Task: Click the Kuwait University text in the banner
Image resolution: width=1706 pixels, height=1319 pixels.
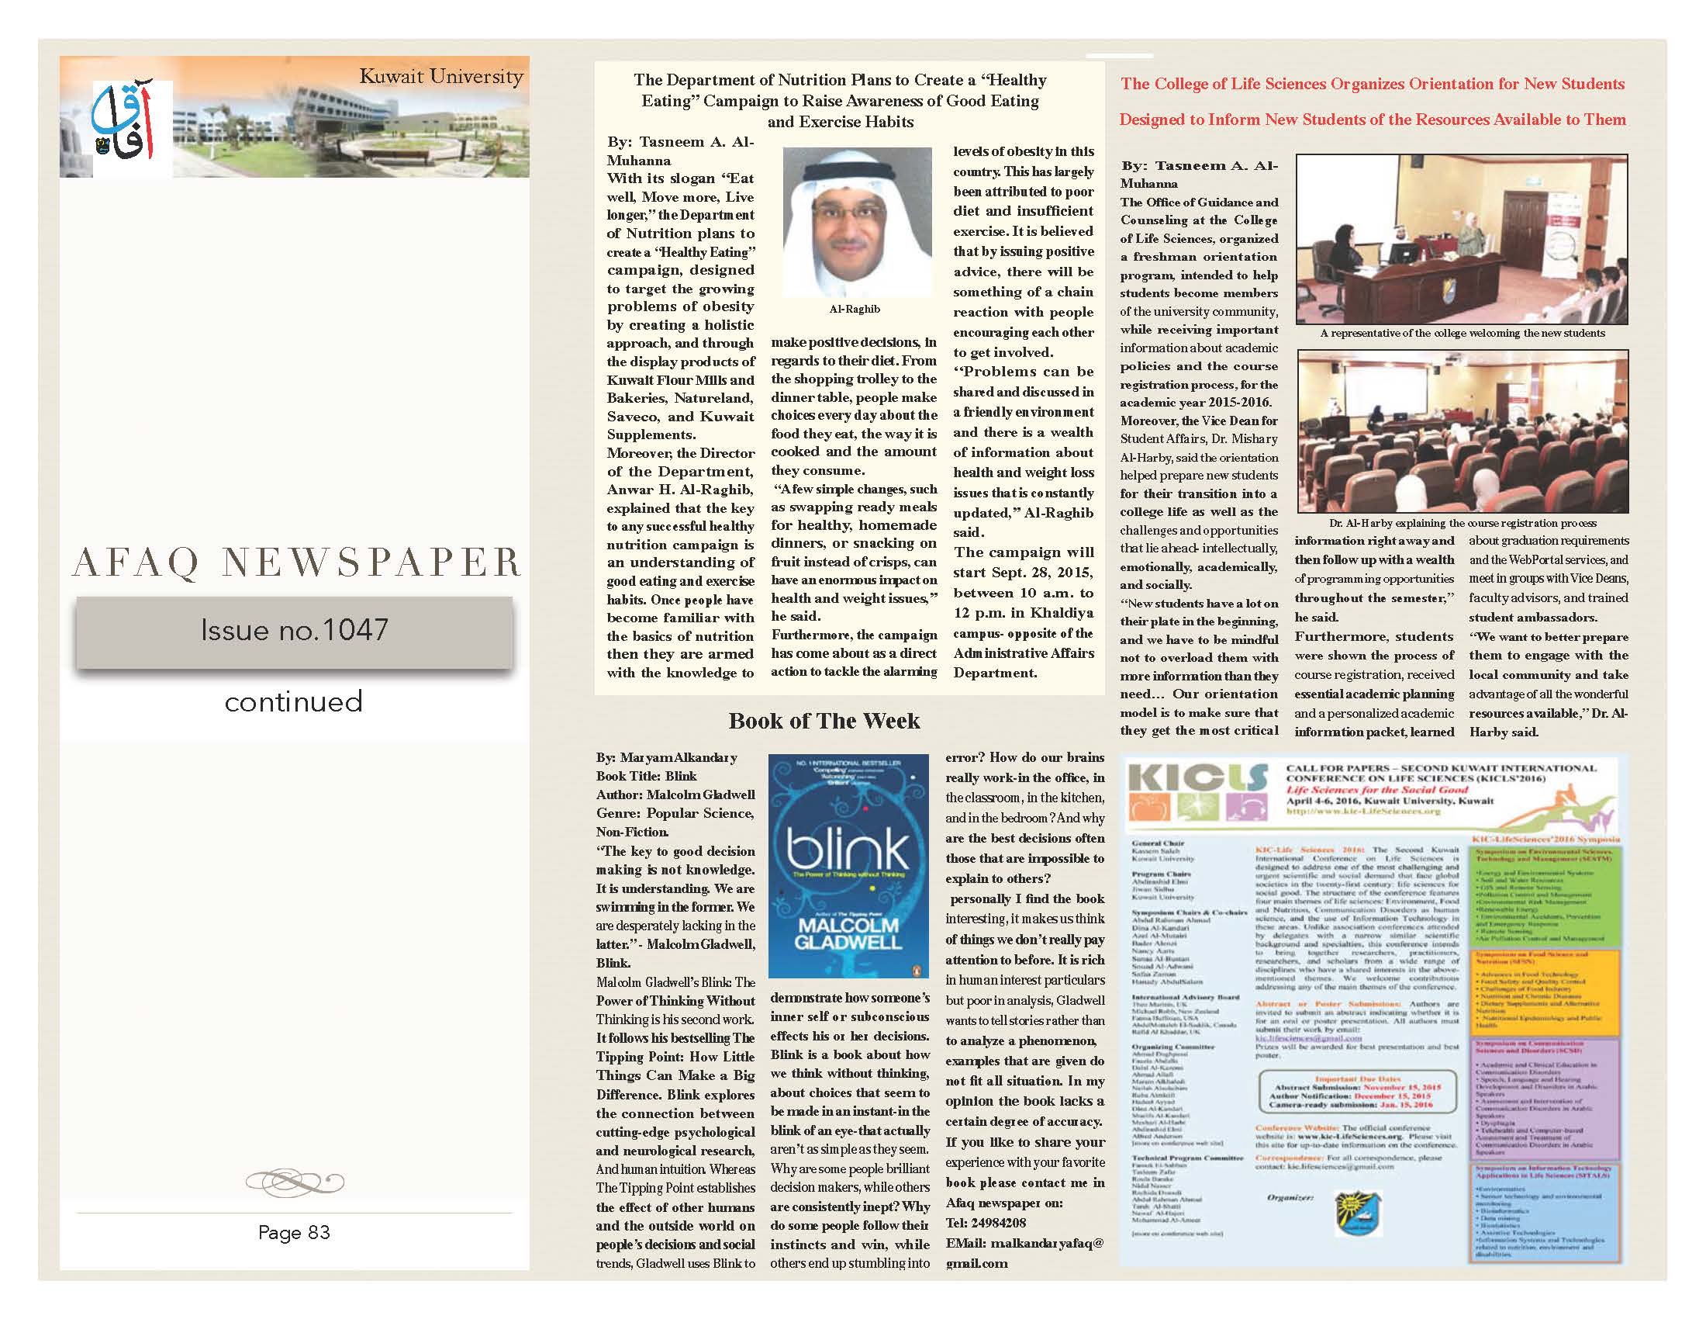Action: [x=440, y=77]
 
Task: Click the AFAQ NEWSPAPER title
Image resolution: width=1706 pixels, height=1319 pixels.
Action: [x=295, y=562]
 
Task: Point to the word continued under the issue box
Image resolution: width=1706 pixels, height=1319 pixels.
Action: [x=294, y=701]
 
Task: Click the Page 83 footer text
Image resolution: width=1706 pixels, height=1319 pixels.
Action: [x=294, y=1232]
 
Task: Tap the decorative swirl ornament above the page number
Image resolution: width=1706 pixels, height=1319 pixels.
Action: [x=294, y=1179]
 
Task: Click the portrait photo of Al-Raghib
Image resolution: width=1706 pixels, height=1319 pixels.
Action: [x=857, y=221]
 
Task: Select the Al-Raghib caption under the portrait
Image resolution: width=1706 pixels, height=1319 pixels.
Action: [x=855, y=310]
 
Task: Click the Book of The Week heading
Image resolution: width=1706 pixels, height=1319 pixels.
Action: [x=824, y=721]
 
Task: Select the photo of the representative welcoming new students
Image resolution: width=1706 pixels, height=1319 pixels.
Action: [x=1462, y=239]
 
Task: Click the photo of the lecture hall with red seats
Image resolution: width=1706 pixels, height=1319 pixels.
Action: [x=1463, y=431]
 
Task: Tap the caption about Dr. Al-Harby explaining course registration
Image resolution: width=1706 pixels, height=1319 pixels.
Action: [x=1463, y=523]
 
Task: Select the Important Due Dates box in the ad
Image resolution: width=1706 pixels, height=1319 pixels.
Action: [x=1359, y=1092]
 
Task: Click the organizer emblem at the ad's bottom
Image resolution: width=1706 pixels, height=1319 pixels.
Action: [x=1359, y=1212]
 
